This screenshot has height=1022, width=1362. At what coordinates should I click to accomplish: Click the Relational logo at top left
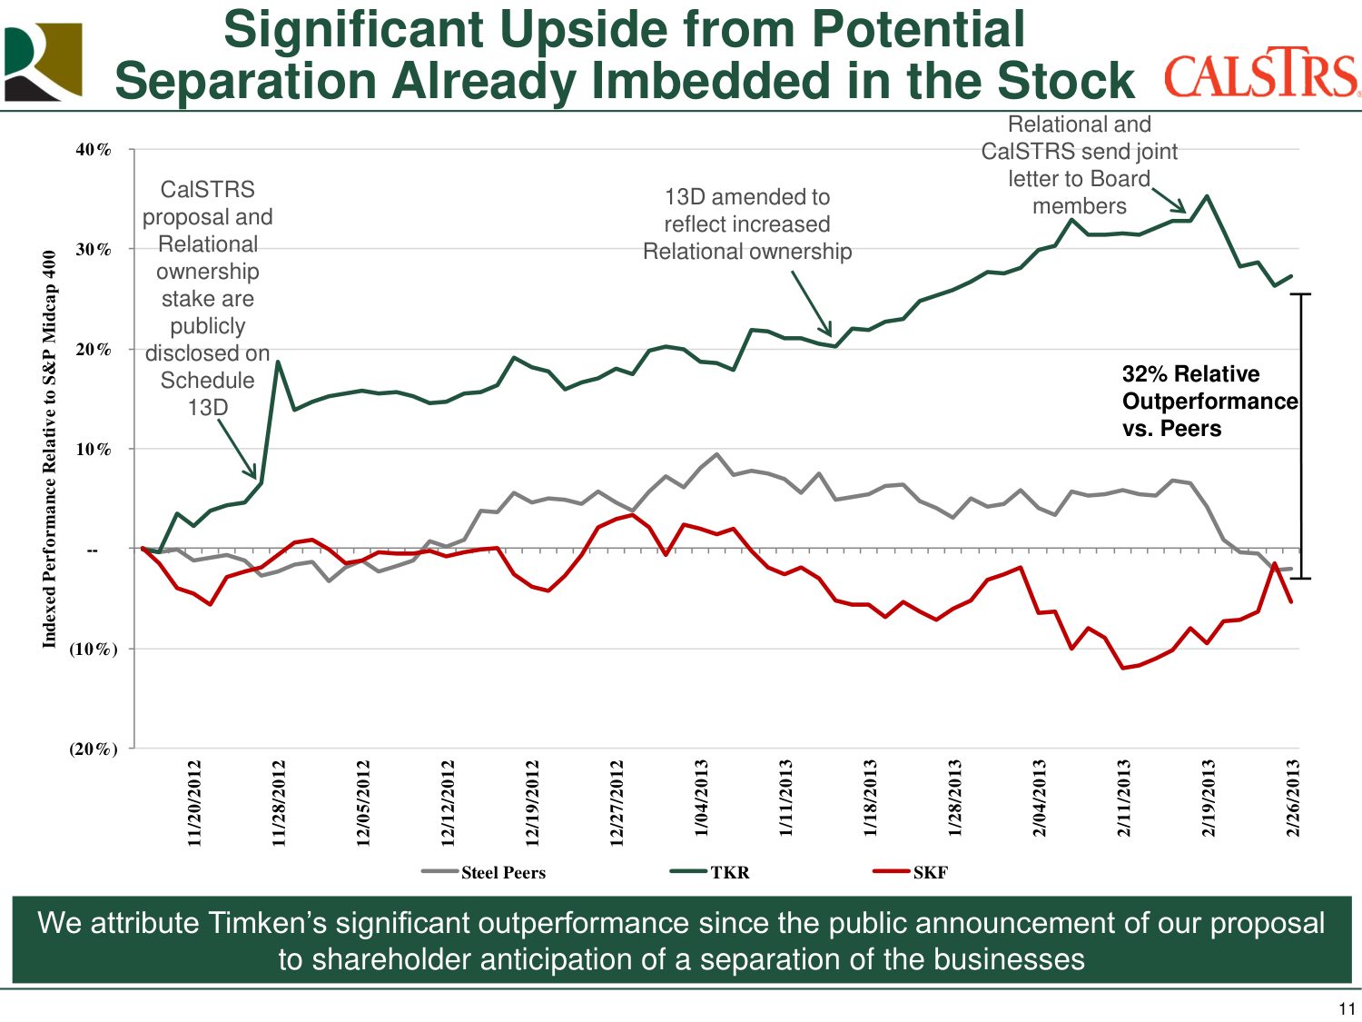tap(43, 62)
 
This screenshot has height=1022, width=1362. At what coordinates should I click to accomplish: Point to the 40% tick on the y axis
tap(94, 150)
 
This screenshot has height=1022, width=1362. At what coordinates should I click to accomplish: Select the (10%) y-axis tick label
tap(94, 649)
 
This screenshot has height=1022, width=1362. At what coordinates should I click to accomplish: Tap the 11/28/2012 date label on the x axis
tap(279, 803)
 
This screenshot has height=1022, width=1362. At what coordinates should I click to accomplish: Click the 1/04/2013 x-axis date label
tap(701, 798)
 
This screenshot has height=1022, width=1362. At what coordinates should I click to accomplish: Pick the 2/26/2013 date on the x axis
tap(1292, 798)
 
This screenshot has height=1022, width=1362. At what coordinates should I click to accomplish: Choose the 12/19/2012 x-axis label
tap(532, 803)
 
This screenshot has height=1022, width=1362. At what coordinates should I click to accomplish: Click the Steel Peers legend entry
tap(484, 872)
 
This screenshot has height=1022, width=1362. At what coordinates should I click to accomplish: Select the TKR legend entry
tap(710, 872)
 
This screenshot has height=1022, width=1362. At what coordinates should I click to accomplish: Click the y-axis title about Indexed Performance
tap(50, 449)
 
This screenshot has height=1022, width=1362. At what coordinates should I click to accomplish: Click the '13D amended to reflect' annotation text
tap(747, 223)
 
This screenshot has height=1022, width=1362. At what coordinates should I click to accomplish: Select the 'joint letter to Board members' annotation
tap(1079, 165)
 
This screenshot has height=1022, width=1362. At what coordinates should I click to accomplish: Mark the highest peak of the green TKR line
tap(1207, 195)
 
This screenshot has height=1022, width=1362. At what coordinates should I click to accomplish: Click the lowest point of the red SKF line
tap(1123, 668)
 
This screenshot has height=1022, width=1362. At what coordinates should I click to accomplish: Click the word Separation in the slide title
tap(244, 80)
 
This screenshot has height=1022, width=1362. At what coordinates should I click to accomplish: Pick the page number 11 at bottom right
tap(1347, 1009)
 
